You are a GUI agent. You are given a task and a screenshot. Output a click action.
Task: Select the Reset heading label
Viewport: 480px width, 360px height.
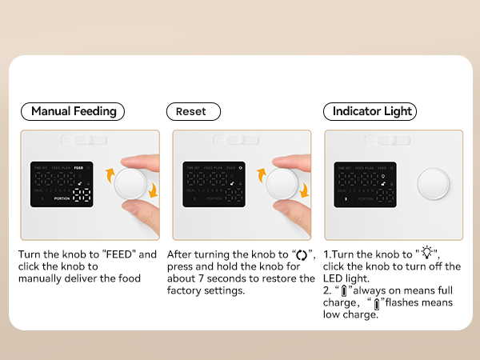click(x=192, y=111)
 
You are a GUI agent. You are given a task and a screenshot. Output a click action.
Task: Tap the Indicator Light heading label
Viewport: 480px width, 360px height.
click(x=370, y=111)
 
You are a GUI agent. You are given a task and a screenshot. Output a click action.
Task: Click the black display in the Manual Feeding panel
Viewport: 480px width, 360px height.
click(x=61, y=184)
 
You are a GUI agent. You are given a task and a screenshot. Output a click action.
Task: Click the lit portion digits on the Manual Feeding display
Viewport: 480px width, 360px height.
click(x=82, y=197)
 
